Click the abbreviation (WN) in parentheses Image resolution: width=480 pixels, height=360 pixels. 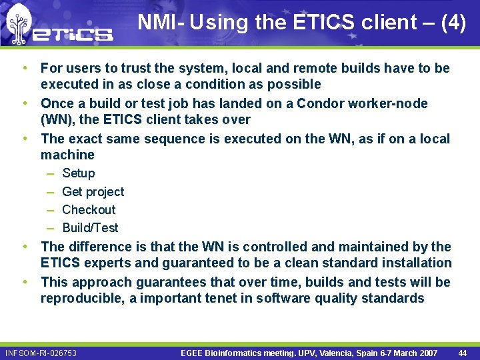coord(58,120)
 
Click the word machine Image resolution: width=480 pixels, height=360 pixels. coord(67,155)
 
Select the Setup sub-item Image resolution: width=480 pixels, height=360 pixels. coord(78,173)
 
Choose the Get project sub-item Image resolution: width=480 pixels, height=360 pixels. coord(93,192)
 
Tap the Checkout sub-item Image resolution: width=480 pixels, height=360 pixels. coord(89,210)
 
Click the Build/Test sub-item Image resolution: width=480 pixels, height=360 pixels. coord(90,228)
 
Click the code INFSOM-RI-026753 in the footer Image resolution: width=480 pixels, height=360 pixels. coord(40,353)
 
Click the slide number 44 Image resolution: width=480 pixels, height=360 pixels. coord(462,353)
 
